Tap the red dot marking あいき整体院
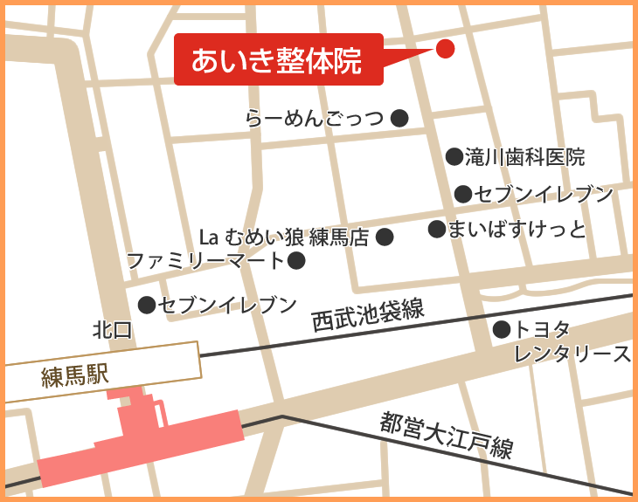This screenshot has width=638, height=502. point(445,49)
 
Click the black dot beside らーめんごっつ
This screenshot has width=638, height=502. point(399,117)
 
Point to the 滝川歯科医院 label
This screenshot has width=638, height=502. point(524,157)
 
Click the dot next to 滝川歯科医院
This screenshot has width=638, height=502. point(454,156)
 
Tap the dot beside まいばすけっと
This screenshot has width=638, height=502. point(436,229)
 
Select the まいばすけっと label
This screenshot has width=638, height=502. point(517,230)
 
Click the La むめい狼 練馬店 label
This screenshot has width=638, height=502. point(285,237)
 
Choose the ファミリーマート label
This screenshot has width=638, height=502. point(206,260)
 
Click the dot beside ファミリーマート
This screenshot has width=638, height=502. point(296,260)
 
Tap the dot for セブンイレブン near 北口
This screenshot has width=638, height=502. point(147,305)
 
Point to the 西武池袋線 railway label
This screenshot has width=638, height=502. point(368,315)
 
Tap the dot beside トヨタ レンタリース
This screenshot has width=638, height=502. point(501,329)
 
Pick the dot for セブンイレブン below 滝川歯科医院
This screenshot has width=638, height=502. point(463,194)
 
